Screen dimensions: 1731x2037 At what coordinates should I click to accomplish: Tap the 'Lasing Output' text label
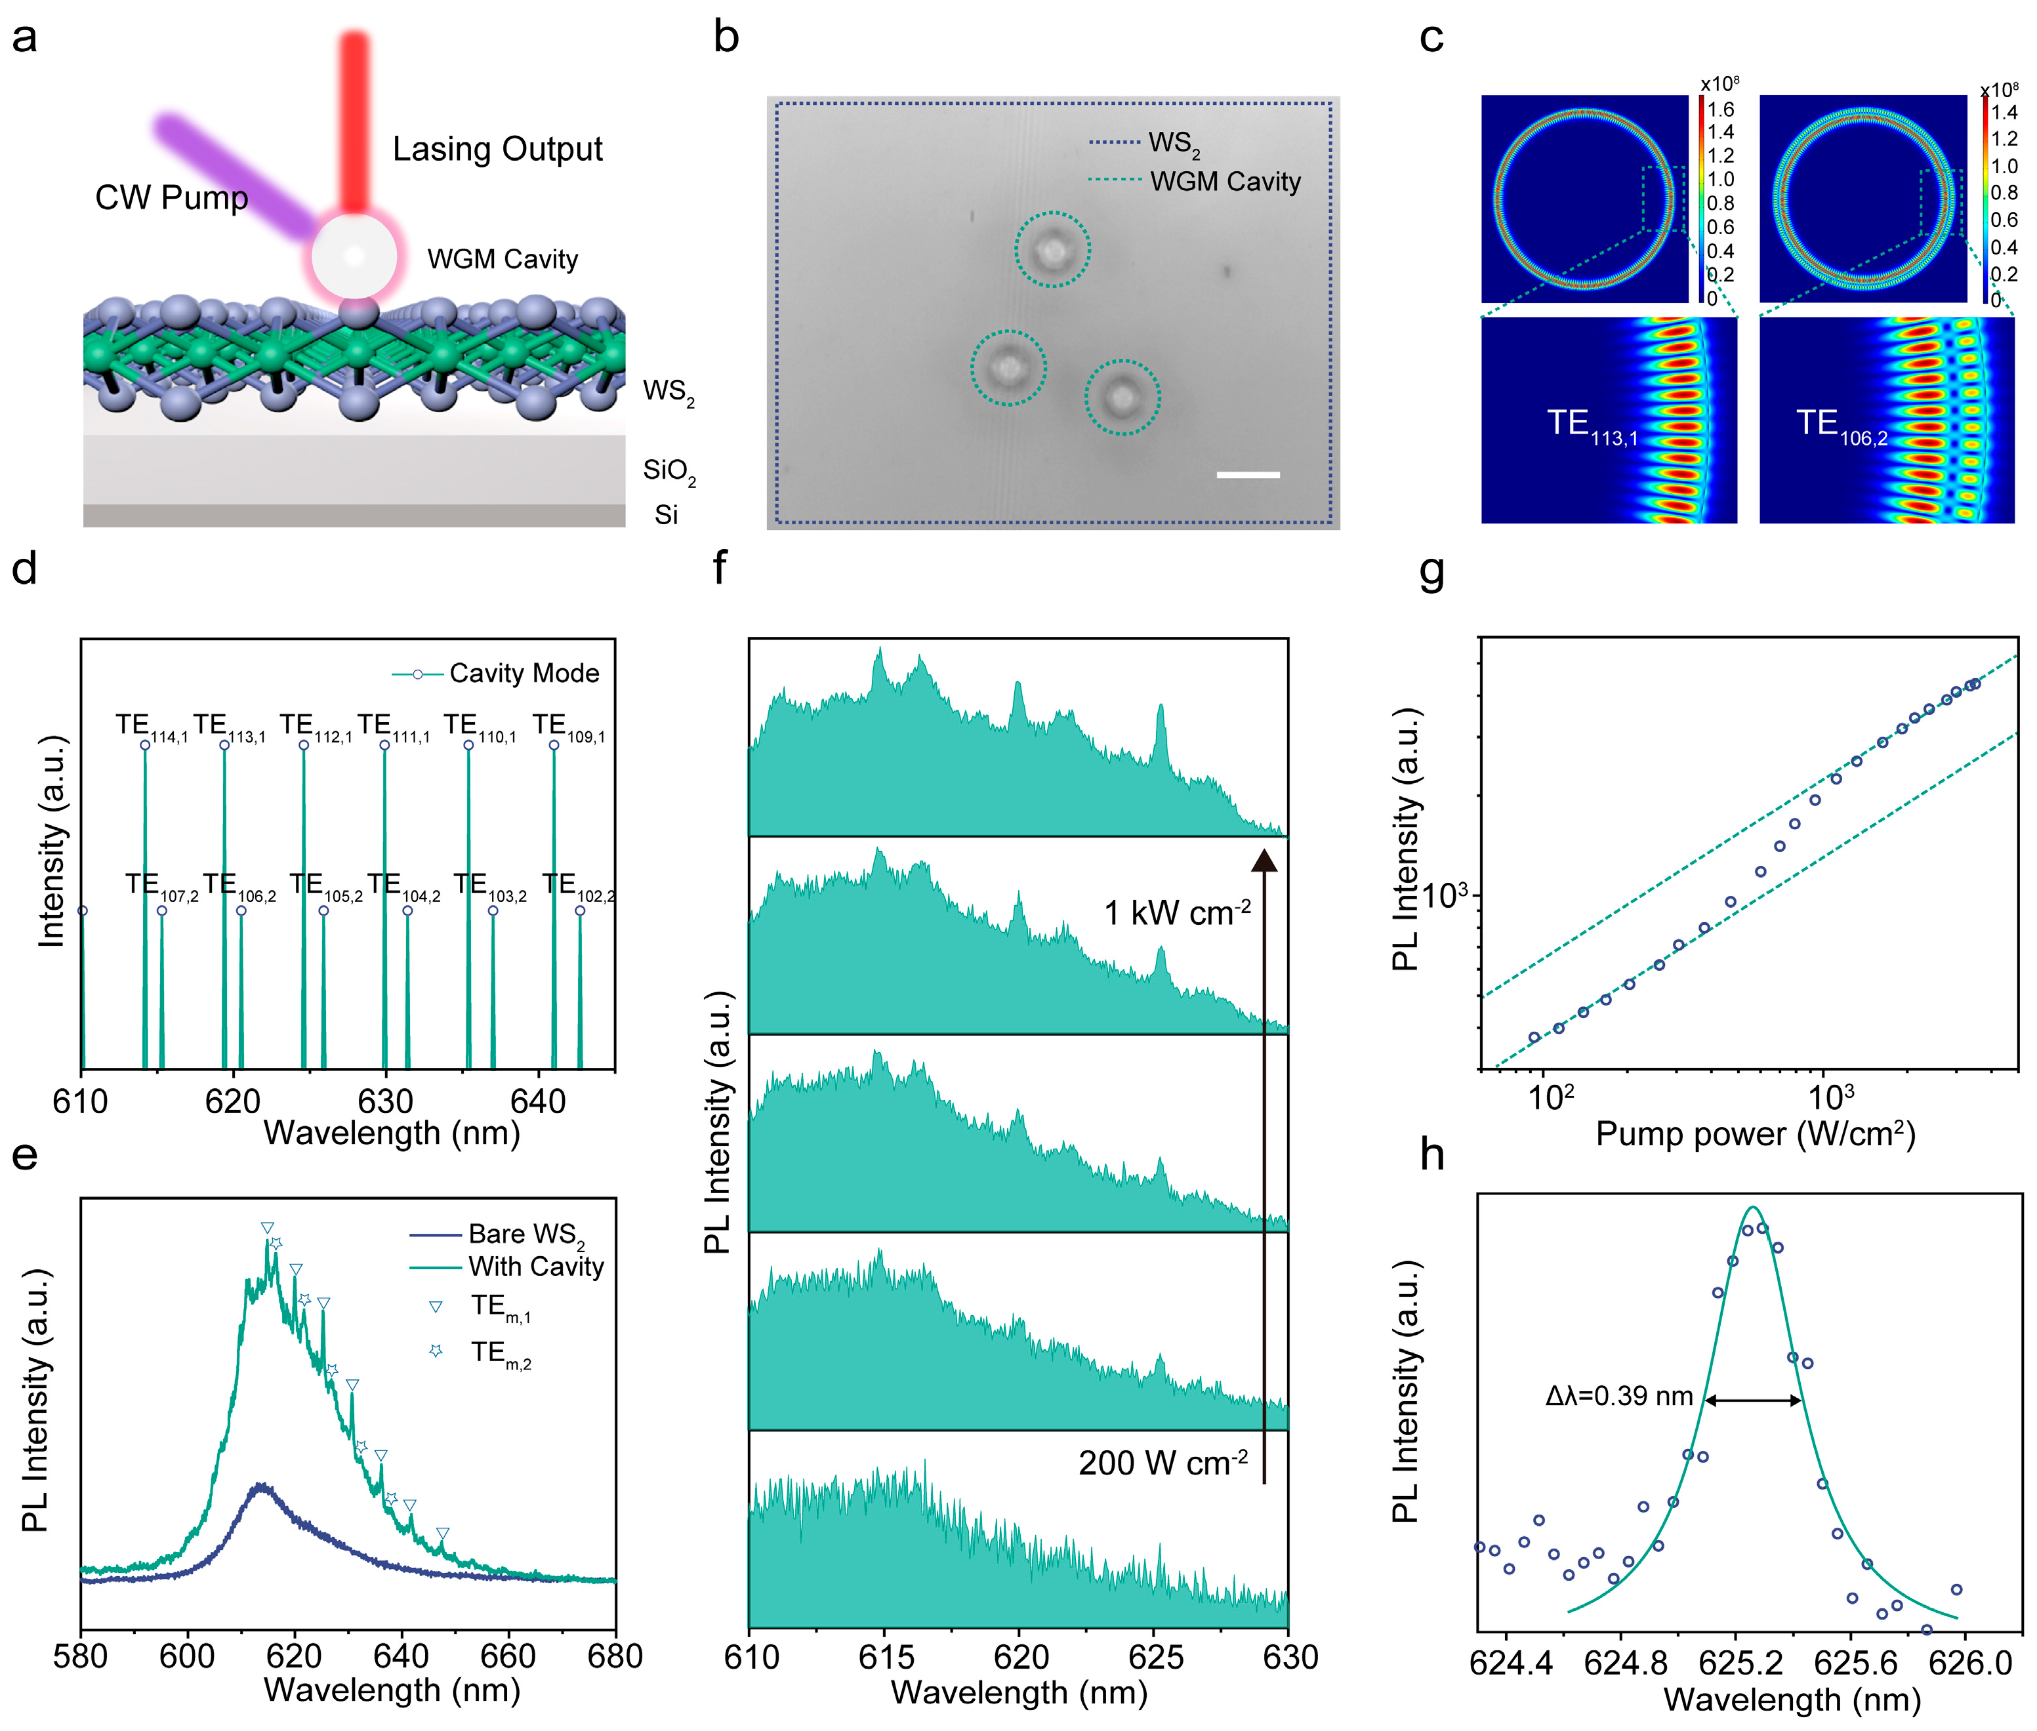497,149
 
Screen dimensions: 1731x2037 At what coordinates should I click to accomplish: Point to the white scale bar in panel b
1247,475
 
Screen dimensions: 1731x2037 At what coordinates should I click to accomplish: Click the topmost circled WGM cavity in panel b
1052,249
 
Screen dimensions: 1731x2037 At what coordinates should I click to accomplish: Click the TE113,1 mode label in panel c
1592,426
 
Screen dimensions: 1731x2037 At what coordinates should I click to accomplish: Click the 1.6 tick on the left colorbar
1721,109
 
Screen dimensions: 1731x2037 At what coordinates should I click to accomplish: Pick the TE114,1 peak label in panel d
150,726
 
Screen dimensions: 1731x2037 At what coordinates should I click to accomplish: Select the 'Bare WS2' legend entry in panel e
525,1234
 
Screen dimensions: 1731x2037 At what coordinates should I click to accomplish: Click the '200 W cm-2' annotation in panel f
1163,1463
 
